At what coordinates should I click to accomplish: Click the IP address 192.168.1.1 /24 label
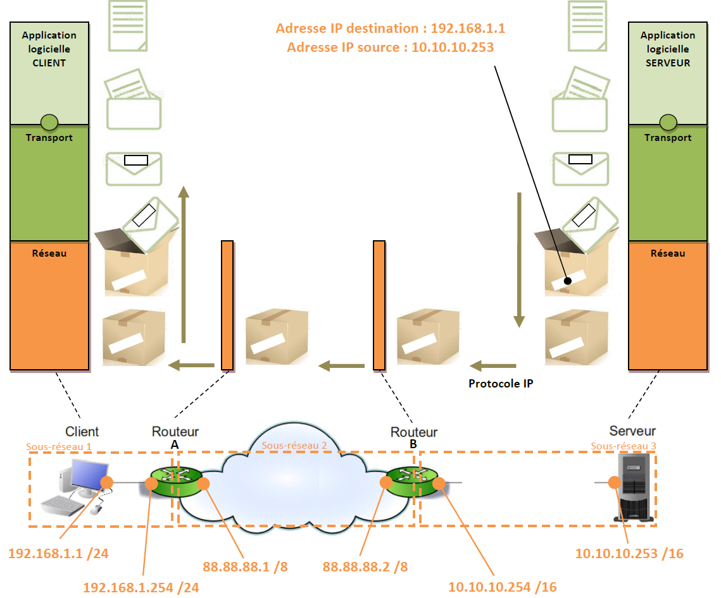point(58,554)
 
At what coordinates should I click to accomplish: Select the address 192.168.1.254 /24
point(141,587)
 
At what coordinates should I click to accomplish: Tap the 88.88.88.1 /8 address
point(245,566)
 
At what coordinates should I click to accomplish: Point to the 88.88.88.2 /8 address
point(365,566)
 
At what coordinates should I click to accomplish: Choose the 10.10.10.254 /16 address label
point(502,587)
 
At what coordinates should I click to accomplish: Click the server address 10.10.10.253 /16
point(629,554)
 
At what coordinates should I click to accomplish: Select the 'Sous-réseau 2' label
point(294,445)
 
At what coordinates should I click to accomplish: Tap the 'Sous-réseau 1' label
point(58,446)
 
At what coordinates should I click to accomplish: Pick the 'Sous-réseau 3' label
point(623,446)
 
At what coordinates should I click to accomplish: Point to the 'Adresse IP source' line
point(390,47)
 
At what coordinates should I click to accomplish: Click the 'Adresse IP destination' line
point(390,29)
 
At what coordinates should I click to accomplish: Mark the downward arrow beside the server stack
point(519,259)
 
